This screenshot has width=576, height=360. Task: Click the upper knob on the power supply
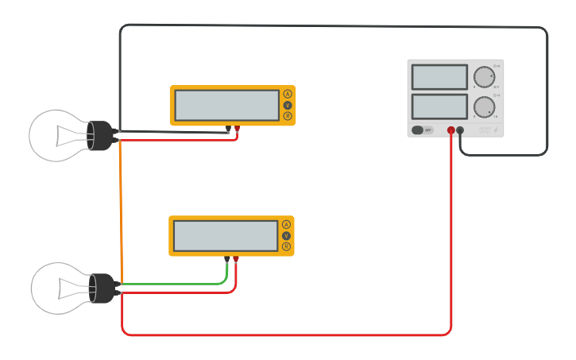[483, 77]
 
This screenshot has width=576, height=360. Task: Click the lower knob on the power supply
[483, 107]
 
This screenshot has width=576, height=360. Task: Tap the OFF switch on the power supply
[423, 130]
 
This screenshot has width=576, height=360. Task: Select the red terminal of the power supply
[450, 130]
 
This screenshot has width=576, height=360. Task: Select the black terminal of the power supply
[460, 130]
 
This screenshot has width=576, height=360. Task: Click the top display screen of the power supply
[439, 77]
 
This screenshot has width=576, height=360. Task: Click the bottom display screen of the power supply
[439, 106]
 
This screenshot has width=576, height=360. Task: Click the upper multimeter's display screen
[226, 105]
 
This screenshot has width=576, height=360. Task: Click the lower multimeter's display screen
[226, 235]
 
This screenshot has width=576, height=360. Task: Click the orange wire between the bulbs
[121, 215]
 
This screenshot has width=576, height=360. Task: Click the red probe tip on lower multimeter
[236, 259]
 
